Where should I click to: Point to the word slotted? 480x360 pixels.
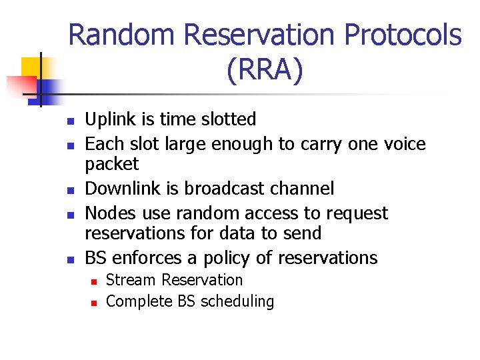coord(225,119)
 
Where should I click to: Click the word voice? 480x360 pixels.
coord(401,144)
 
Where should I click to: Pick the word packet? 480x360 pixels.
coord(112,164)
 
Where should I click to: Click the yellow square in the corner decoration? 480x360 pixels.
coord(31,67)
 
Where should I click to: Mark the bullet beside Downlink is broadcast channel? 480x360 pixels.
coord(69,190)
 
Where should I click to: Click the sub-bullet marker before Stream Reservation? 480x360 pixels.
coord(93,281)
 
